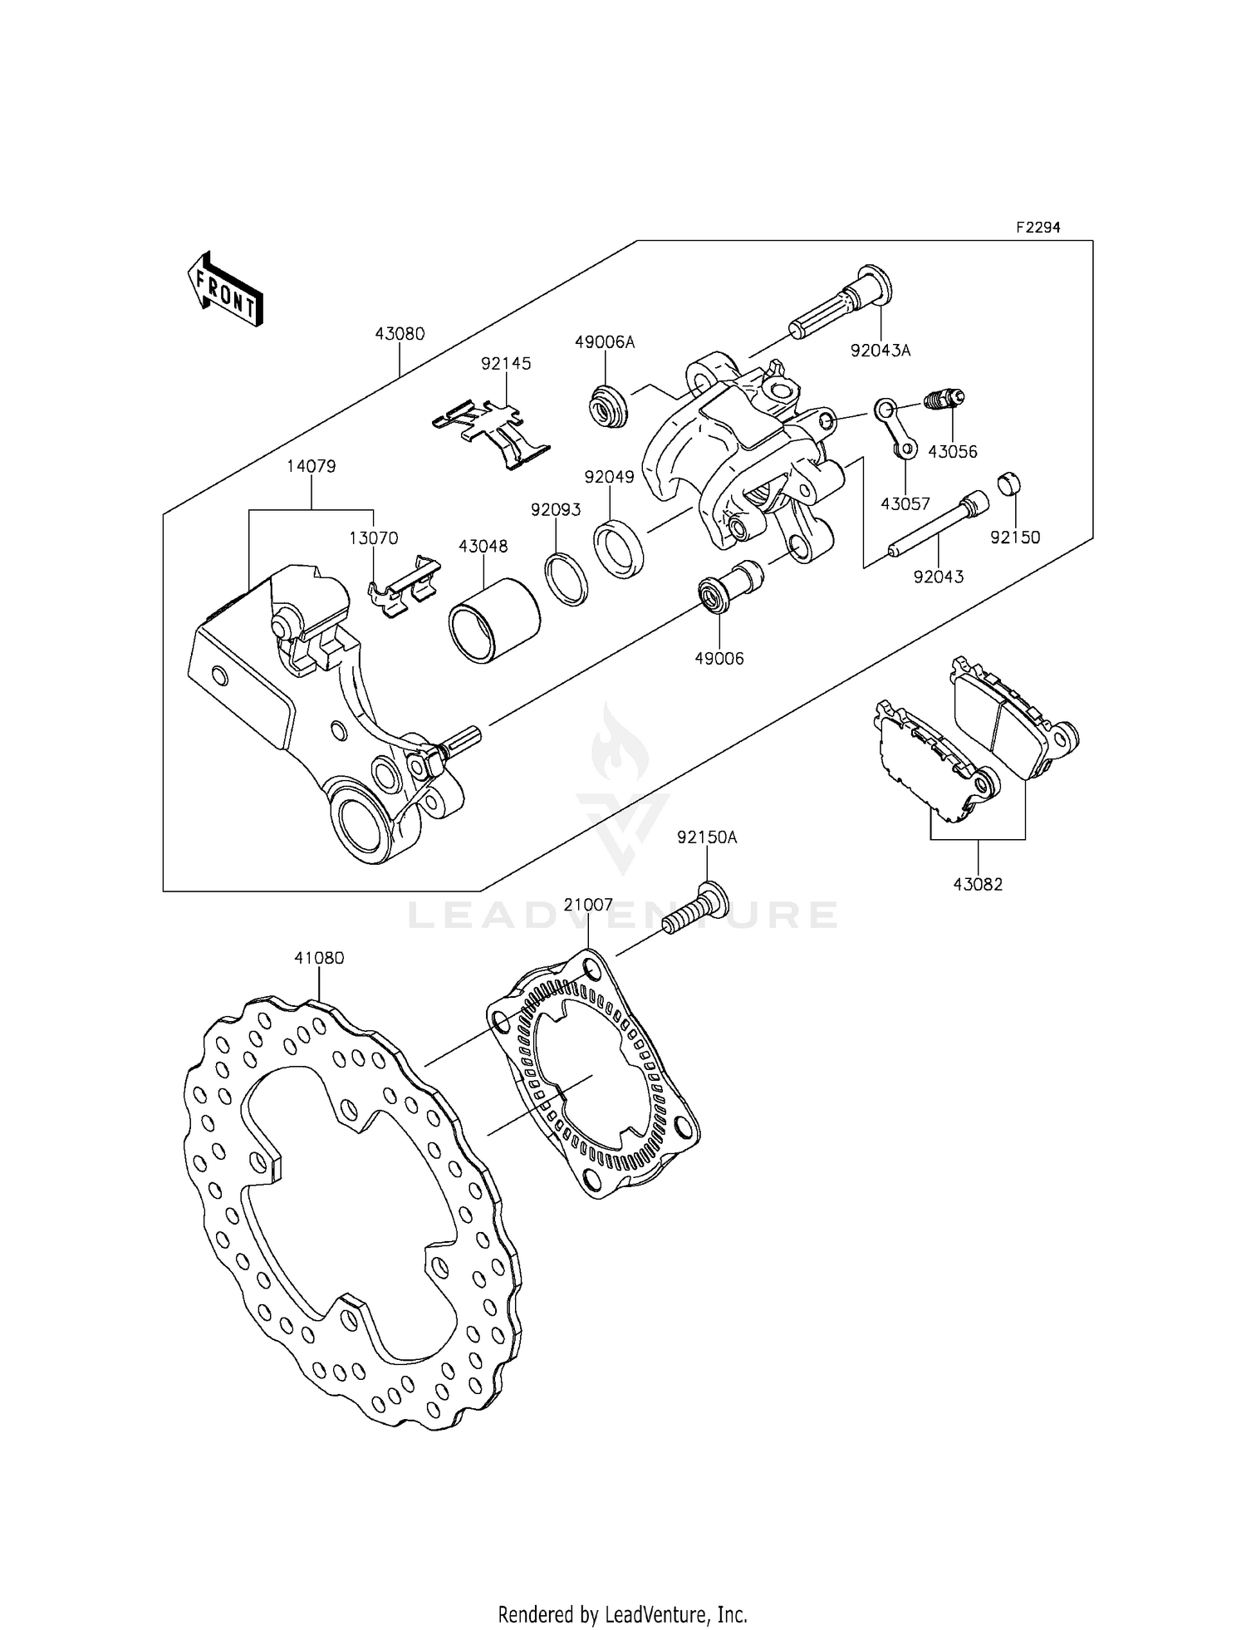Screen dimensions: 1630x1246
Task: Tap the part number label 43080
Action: tap(400, 334)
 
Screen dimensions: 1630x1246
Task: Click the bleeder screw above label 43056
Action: tap(943, 400)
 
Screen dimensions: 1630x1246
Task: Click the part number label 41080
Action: tap(319, 958)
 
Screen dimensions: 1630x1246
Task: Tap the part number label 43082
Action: tap(978, 885)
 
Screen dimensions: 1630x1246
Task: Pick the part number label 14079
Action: tap(311, 467)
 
